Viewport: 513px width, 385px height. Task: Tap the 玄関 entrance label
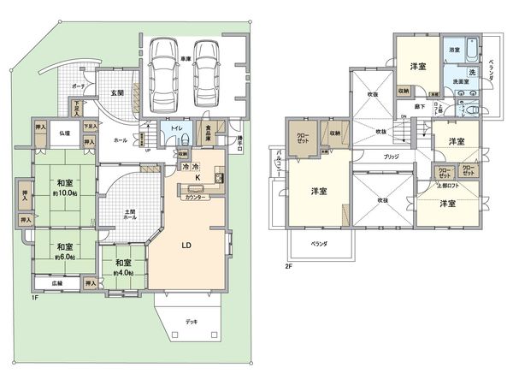(x=116, y=93)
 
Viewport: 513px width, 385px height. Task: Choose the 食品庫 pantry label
(x=208, y=131)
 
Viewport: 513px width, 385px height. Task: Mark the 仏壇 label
(x=64, y=133)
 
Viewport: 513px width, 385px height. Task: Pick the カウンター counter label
(x=196, y=198)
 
